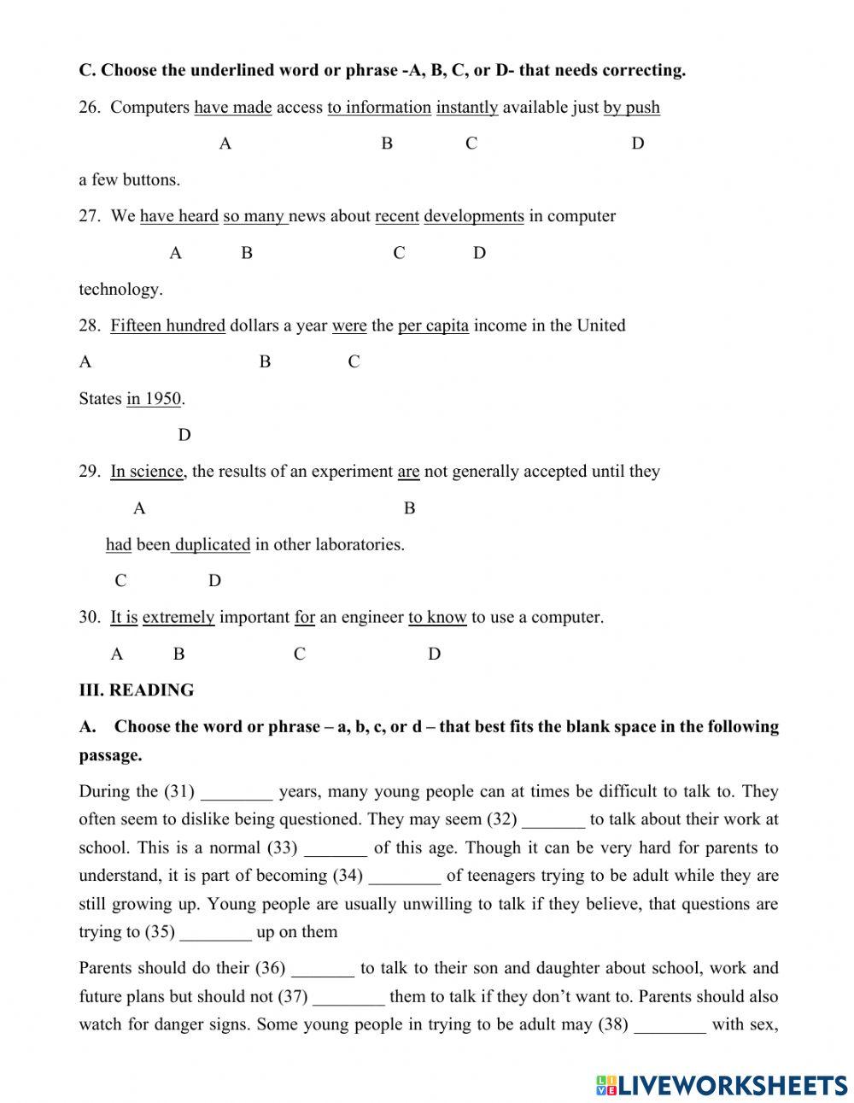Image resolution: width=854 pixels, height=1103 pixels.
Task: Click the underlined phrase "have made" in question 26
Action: (x=232, y=108)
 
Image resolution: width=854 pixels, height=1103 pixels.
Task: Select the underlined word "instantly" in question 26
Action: (x=467, y=108)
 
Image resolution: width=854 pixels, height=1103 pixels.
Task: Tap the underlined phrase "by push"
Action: (x=631, y=108)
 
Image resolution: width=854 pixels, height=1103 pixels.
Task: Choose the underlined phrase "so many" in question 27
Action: (x=254, y=216)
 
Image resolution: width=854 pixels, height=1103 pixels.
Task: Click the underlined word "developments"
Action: (x=473, y=216)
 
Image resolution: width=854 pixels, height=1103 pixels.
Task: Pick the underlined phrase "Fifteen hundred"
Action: (x=167, y=326)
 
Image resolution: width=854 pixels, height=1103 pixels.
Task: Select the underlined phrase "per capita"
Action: (x=433, y=326)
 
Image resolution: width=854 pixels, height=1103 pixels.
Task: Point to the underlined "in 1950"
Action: (x=154, y=399)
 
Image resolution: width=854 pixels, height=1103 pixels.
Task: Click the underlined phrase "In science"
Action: (x=146, y=472)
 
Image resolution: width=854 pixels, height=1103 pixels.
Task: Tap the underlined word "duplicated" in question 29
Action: (x=212, y=545)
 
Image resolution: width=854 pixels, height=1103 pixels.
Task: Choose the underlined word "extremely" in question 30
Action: (x=178, y=618)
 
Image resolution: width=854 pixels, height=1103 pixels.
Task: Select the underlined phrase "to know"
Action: (x=437, y=618)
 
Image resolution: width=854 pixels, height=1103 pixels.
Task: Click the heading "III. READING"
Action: (x=137, y=690)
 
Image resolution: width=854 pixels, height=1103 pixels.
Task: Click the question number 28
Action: (x=89, y=326)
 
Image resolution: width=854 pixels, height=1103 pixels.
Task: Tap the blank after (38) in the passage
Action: (x=670, y=1025)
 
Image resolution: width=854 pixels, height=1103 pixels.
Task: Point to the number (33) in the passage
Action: (x=282, y=848)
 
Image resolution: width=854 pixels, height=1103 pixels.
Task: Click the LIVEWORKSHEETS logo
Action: (x=722, y=1085)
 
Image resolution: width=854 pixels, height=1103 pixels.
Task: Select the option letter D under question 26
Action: (x=637, y=144)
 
